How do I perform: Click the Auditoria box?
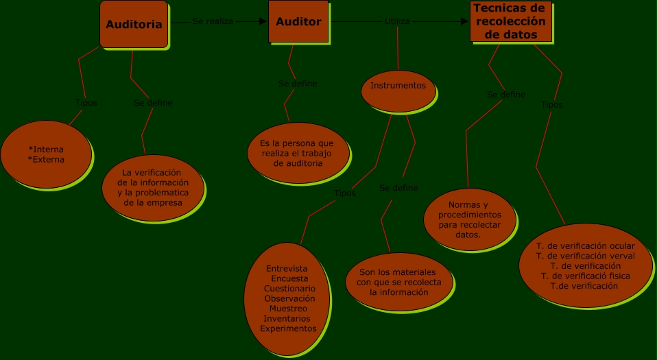point(134,25)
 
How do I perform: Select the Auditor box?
point(298,22)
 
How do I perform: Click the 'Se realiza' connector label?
point(213,21)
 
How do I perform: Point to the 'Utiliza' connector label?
point(397,21)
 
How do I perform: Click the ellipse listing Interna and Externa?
point(46,154)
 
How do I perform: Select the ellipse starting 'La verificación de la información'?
point(153,187)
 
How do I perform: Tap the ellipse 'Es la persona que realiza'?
point(297,153)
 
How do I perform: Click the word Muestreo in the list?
point(288,309)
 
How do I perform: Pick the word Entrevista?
point(287,268)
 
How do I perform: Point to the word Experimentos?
point(288,328)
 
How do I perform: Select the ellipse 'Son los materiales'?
point(398,282)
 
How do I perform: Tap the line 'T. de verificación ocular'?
point(585,245)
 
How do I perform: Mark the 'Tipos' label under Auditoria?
point(86,103)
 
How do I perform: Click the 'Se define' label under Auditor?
point(298,84)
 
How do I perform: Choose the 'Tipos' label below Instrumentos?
point(345,193)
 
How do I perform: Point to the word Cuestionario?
point(289,289)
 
